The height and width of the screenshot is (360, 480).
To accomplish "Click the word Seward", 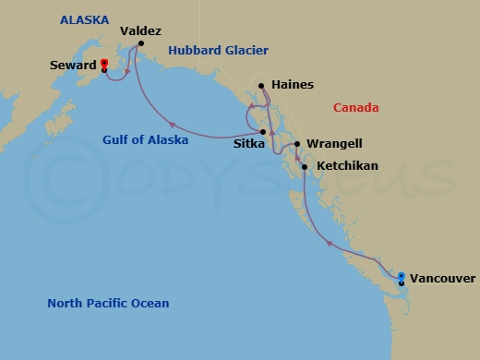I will click(74, 66).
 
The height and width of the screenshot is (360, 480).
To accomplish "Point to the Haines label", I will click(294, 85).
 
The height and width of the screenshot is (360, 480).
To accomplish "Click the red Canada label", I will click(355, 108).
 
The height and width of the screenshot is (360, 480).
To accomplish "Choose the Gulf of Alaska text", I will click(145, 140).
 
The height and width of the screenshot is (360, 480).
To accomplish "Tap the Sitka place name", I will click(248, 144).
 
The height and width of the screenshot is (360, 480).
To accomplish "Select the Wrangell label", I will click(334, 144).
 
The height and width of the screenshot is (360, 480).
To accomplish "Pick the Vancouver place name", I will click(442, 278).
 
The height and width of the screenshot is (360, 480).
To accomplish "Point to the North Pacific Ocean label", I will click(108, 304).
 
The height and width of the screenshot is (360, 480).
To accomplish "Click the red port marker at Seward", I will click(104, 64).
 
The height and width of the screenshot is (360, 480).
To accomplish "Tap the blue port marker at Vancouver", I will click(402, 275).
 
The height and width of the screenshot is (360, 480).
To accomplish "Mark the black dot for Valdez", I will click(137, 41).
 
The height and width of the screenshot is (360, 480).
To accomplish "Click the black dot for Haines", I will click(262, 86).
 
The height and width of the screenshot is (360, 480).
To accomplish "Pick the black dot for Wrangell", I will click(296, 144).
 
